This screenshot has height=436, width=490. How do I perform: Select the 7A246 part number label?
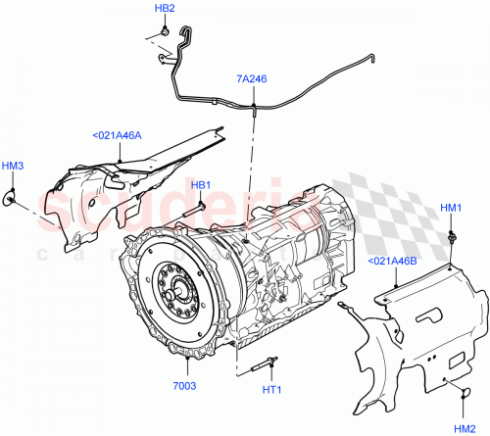coord(251,77)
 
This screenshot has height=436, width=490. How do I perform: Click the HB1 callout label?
coord(200,185)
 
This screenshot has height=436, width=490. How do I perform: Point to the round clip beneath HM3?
coord(12,200)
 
